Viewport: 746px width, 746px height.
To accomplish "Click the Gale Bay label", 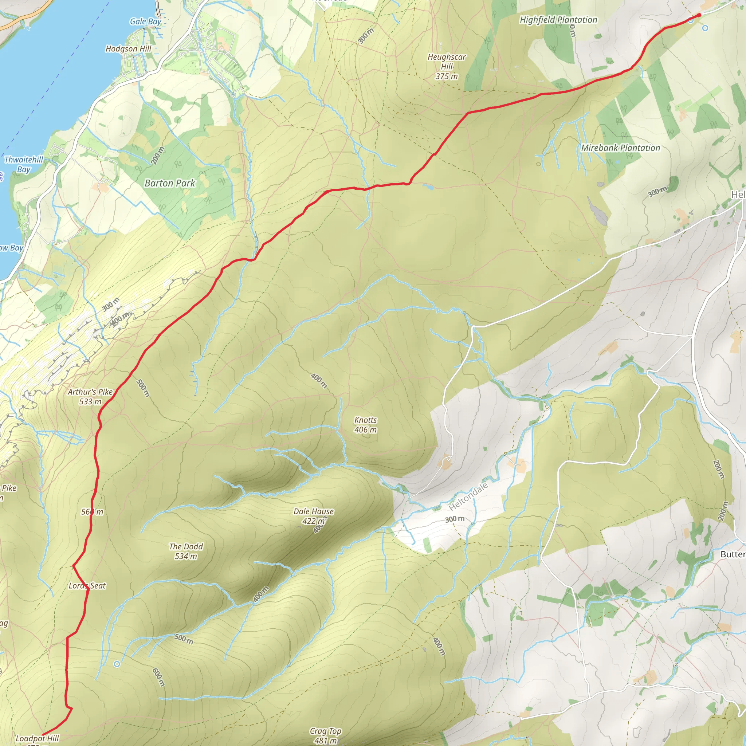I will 145,21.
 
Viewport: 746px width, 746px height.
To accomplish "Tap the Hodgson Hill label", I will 128,49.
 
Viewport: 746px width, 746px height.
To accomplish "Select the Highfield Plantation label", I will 558,20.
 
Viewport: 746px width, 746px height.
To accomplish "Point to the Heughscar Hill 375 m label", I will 446,66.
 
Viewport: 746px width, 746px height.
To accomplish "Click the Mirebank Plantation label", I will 620,148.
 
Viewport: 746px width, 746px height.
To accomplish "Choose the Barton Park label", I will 170,183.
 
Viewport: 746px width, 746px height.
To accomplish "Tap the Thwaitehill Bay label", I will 24,164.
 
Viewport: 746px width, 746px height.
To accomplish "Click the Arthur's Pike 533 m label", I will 90,397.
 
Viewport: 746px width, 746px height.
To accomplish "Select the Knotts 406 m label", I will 365,425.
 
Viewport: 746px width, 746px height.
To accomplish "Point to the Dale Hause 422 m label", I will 314,516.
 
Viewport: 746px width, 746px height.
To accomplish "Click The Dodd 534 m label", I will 186,551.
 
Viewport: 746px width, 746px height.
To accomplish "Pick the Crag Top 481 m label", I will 326,735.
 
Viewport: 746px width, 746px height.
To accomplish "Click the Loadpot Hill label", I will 37,738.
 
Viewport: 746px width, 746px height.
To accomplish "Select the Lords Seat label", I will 87,585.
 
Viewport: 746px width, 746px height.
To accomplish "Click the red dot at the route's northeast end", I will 699,15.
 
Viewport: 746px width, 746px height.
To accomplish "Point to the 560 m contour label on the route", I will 92,512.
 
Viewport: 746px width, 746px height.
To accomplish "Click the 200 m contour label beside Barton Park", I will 157,155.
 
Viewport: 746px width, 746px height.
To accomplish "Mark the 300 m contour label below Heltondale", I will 455,519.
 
